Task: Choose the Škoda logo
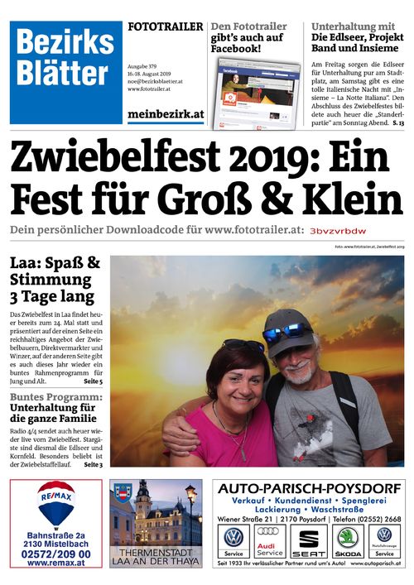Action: [347, 537]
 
